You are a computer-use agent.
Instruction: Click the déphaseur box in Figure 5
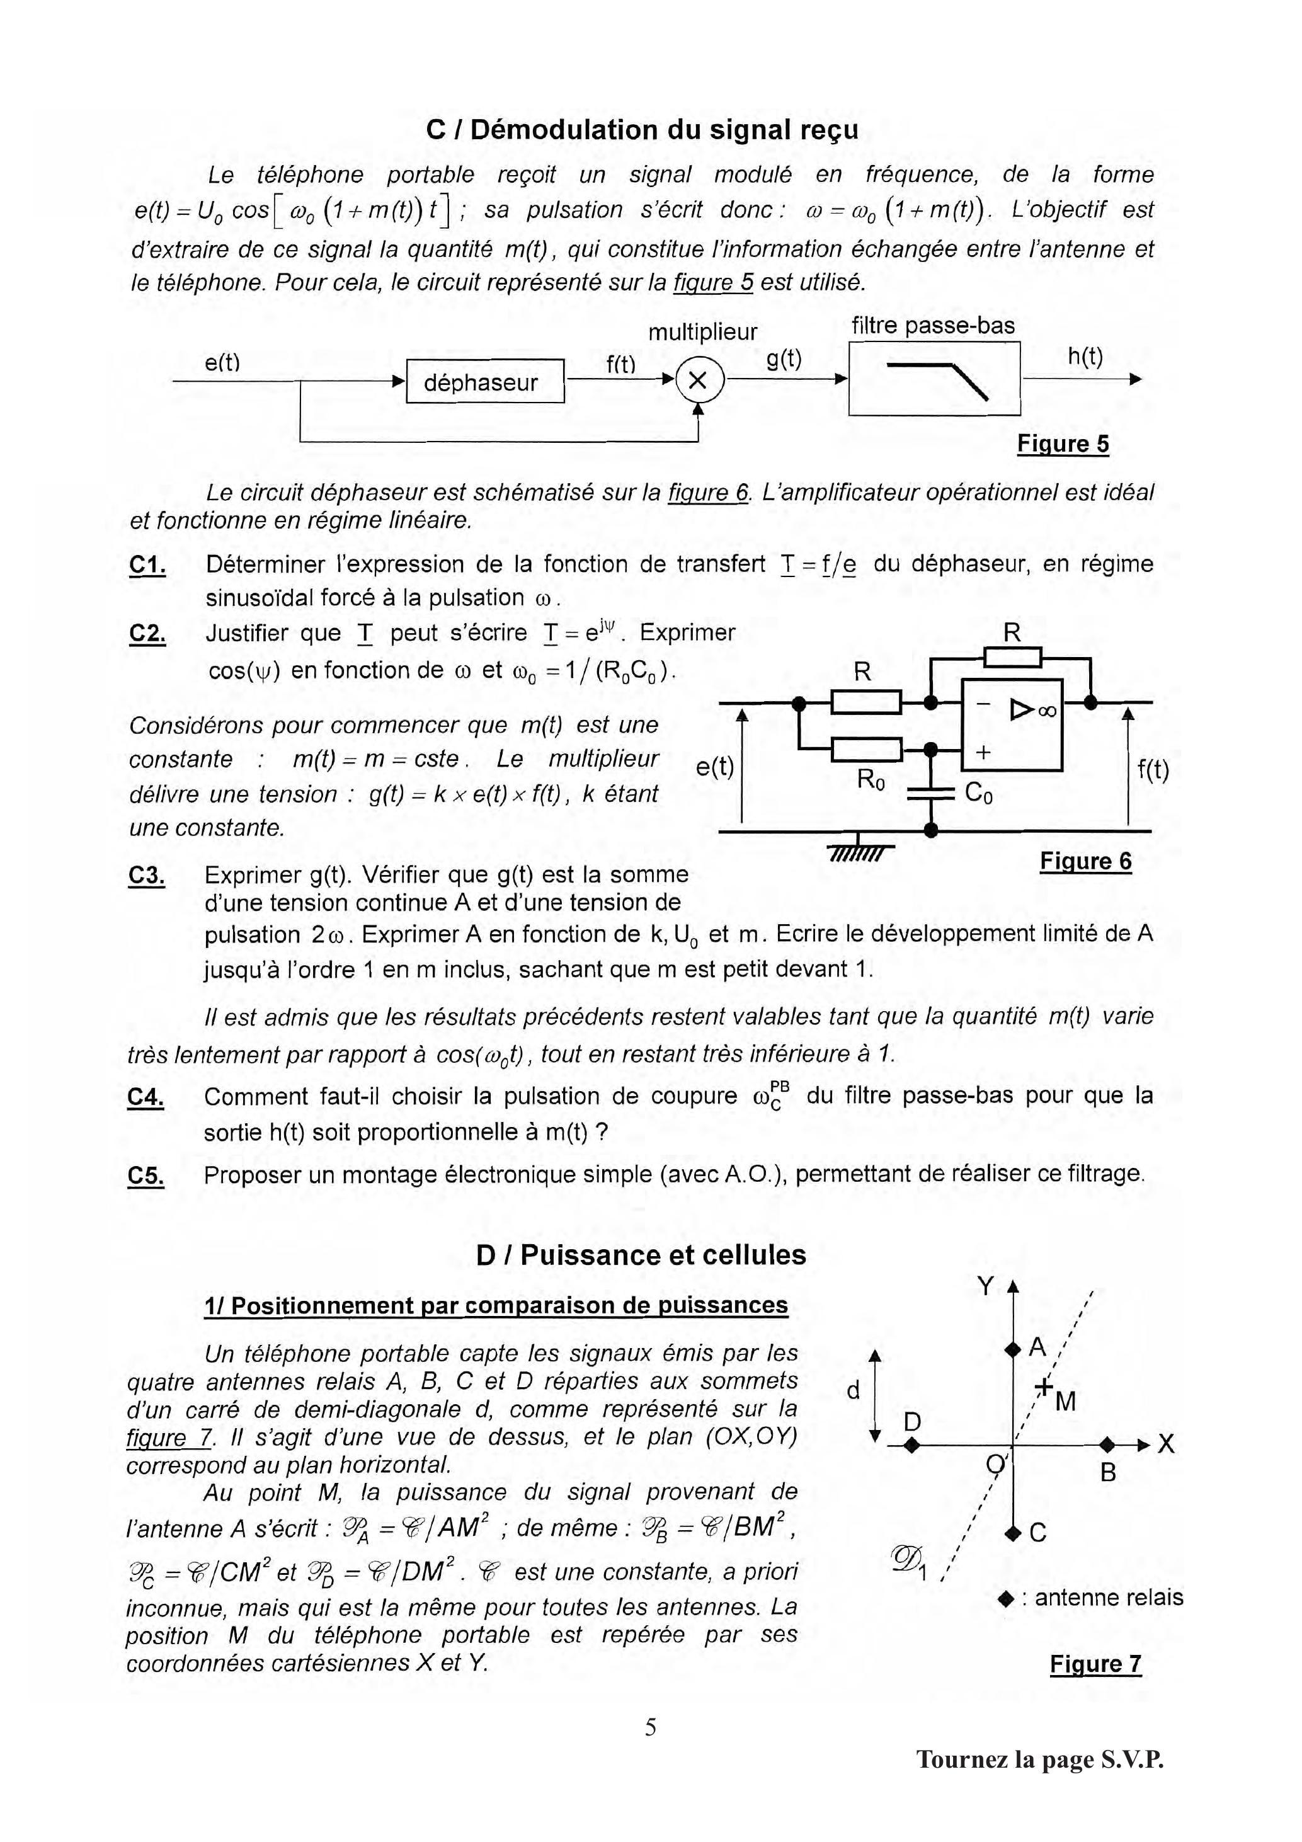[486, 382]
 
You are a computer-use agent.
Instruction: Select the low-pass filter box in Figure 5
[934, 379]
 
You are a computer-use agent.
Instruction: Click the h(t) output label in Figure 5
[1085, 357]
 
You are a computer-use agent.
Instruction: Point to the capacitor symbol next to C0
[930, 794]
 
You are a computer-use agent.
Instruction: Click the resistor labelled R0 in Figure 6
[865, 749]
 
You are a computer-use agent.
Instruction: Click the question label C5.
[146, 1176]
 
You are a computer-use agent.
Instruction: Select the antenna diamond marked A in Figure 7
[1012, 1349]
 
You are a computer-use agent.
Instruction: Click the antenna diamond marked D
[911, 1446]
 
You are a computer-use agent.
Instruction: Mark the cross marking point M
[1044, 1385]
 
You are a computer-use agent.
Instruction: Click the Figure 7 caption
[1095, 1664]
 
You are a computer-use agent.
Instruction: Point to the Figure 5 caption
[1063, 443]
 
